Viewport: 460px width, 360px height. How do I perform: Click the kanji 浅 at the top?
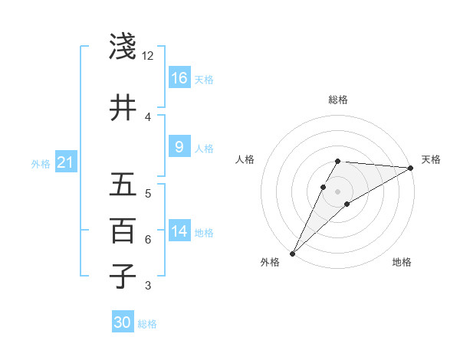click(x=123, y=47)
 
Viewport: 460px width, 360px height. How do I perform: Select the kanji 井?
click(x=123, y=107)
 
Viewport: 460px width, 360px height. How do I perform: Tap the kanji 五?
click(x=123, y=185)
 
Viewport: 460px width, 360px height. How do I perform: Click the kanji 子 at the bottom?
click(x=123, y=276)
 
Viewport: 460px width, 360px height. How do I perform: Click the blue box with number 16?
click(x=179, y=78)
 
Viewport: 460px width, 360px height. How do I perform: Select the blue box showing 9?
click(x=179, y=147)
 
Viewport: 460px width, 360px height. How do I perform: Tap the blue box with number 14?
click(x=179, y=231)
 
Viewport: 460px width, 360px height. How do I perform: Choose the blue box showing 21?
click(x=65, y=162)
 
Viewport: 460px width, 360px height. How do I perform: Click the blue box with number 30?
click(x=123, y=322)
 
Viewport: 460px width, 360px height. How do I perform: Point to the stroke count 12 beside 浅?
click(x=148, y=56)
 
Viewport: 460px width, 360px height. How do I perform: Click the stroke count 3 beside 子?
click(x=148, y=286)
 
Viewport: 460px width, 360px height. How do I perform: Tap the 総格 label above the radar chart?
click(x=338, y=100)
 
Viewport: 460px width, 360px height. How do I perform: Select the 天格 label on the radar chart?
click(x=431, y=159)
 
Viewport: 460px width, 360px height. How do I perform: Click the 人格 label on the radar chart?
click(x=245, y=159)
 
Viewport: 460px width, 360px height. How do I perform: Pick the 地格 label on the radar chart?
click(x=402, y=262)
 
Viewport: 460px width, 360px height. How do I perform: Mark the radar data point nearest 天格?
click(x=412, y=168)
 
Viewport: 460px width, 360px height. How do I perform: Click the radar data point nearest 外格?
click(x=292, y=253)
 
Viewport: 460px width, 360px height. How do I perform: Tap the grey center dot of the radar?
click(x=338, y=191)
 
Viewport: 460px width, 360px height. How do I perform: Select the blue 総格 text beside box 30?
click(x=147, y=324)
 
